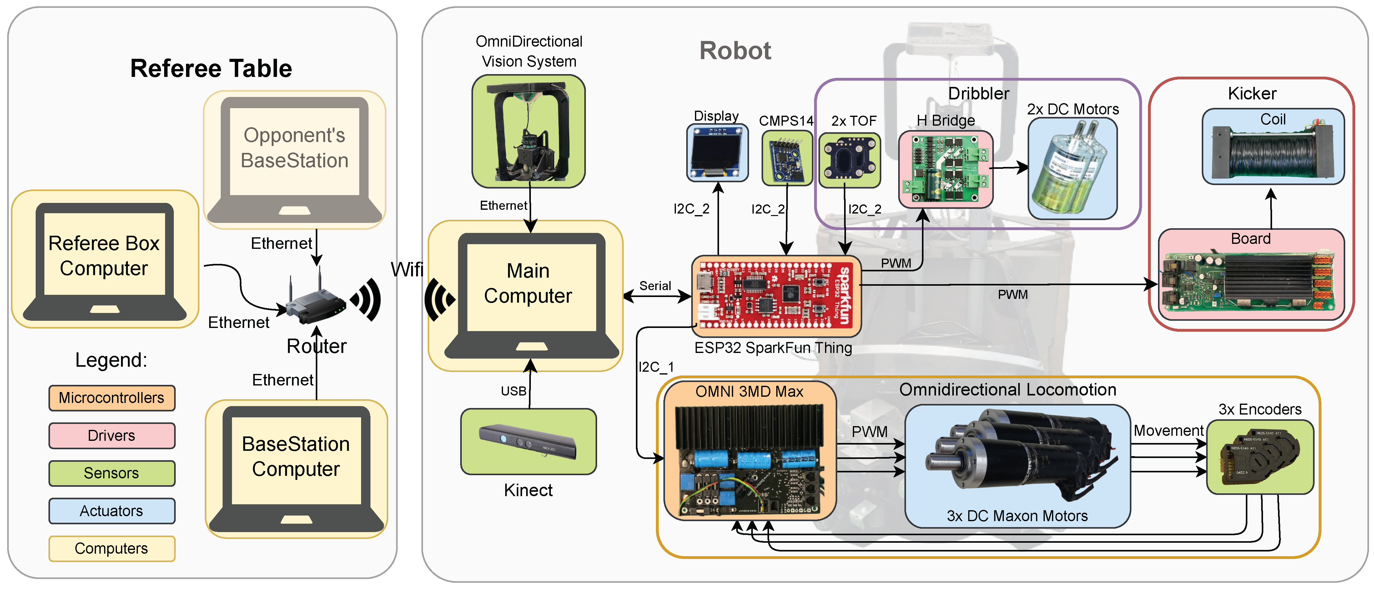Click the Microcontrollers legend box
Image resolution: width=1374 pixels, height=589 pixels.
pyautogui.click(x=112, y=398)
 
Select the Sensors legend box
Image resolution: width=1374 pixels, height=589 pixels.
pyautogui.click(x=112, y=473)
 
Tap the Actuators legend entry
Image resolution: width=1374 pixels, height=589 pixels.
pyautogui.click(x=112, y=511)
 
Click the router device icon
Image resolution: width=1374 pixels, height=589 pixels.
pyautogui.click(x=315, y=304)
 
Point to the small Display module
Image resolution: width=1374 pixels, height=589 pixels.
pyautogui.click(x=717, y=155)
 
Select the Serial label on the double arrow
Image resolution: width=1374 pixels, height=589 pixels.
pyautogui.click(x=655, y=286)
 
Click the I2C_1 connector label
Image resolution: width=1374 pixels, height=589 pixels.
pyautogui.click(x=656, y=367)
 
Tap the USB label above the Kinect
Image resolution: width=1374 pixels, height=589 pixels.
pyautogui.click(x=513, y=391)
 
